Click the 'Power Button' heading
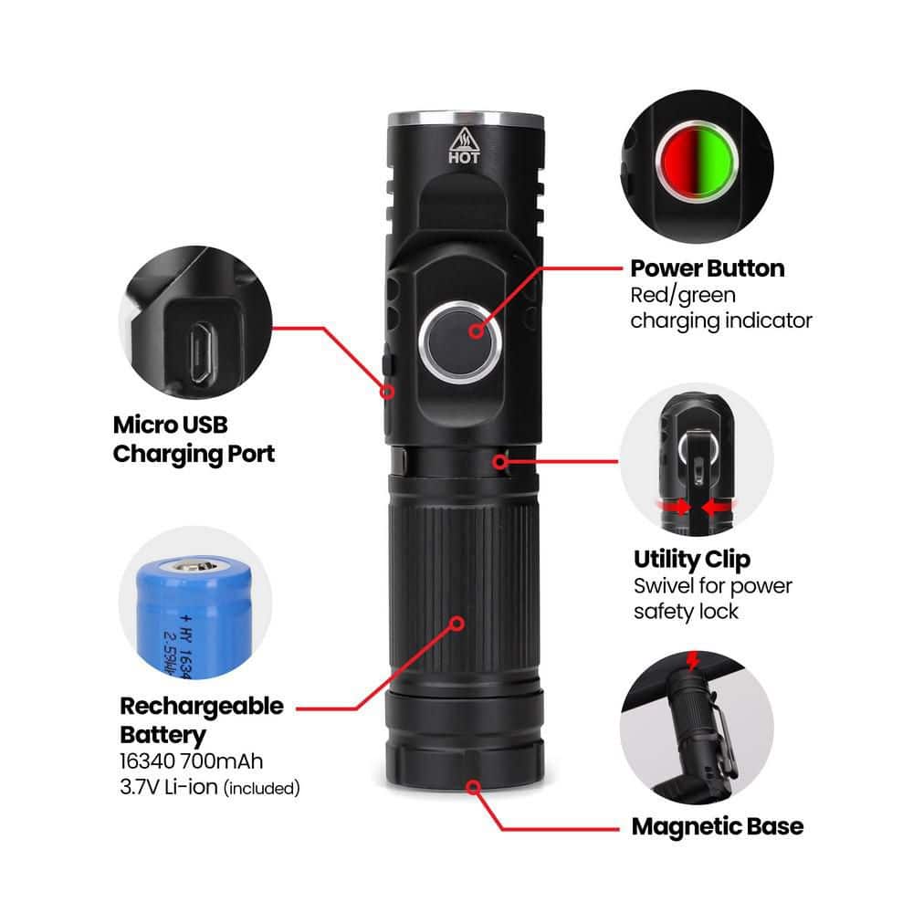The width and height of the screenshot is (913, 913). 707,268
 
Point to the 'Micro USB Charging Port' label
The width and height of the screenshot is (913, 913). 194,439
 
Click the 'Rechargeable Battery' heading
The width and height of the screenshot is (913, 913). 201,719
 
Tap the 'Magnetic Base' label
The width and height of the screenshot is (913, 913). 717,826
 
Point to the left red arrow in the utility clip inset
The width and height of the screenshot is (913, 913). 675,505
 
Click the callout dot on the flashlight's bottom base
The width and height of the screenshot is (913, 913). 474,786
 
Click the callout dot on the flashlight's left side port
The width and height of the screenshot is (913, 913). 388,392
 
